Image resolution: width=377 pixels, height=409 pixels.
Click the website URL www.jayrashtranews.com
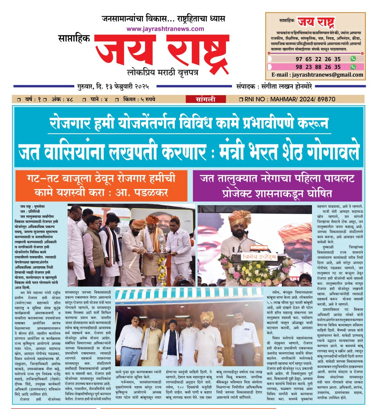(x=165, y=29)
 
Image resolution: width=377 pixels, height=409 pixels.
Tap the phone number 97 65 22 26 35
(x=318, y=59)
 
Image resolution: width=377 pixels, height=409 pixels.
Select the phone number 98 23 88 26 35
(x=318, y=67)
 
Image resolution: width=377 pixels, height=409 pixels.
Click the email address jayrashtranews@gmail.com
(x=327, y=75)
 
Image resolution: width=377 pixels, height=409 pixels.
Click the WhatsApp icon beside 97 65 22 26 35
(x=353, y=59)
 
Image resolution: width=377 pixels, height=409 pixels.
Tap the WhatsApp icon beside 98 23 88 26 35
(x=353, y=67)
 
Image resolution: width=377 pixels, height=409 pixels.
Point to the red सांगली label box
(x=206, y=99)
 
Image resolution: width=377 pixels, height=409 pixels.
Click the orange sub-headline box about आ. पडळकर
(x=101, y=185)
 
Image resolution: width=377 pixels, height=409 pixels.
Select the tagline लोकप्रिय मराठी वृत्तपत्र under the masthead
(x=163, y=73)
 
